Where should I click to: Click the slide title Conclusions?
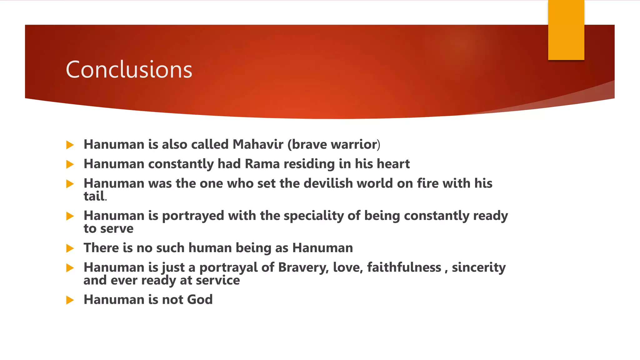pos(129,69)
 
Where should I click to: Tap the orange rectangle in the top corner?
pos(566,30)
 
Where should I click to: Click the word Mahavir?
pos(258,144)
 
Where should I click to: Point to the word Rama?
pos(262,164)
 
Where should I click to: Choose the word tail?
pos(94,196)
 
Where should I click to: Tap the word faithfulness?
pos(404,267)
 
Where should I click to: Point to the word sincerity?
pos(479,267)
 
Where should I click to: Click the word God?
pos(200,299)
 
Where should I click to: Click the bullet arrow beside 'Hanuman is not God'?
pos(70,300)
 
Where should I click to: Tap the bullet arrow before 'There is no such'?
pos(70,248)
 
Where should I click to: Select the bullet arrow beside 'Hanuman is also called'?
pos(70,145)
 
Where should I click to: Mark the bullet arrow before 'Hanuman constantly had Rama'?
pos(70,164)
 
